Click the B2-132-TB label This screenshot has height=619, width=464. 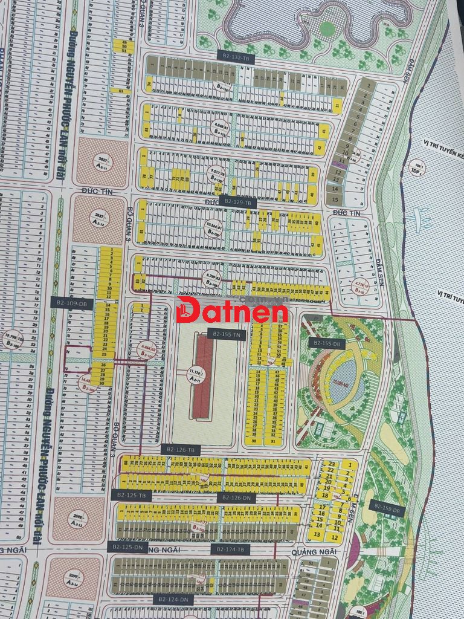[236, 58]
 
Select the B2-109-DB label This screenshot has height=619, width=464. [71, 303]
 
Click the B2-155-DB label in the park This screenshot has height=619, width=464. [326, 343]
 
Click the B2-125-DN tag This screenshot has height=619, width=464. [127, 548]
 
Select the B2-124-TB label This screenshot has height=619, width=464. [230, 549]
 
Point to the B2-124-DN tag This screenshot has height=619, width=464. [173, 599]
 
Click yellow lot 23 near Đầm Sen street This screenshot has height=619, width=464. [331, 464]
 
